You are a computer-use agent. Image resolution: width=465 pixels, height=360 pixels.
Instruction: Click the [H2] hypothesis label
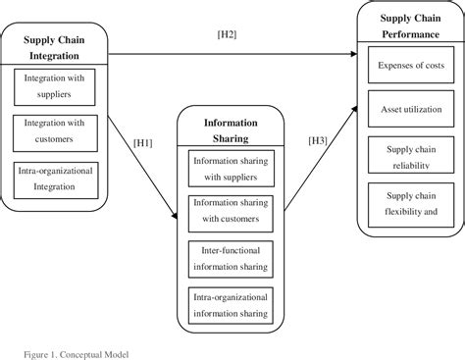[x=228, y=37]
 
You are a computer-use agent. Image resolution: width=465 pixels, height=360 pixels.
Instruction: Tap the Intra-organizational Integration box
[x=55, y=178]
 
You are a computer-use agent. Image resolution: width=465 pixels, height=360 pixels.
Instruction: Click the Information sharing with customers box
[x=231, y=213]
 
